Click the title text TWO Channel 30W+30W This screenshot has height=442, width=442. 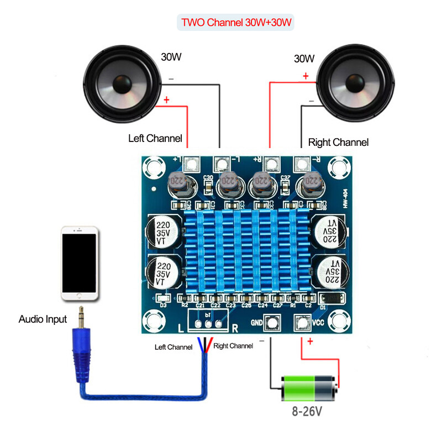click(x=236, y=24)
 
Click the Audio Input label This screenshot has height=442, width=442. click(x=43, y=319)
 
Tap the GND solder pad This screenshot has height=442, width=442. click(x=272, y=323)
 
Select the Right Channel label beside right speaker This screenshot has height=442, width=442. click(x=338, y=143)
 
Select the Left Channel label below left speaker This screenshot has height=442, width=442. click(x=155, y=138)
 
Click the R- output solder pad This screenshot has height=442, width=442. click(x=302, y=164)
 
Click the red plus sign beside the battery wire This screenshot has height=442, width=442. click(x=310, y=342)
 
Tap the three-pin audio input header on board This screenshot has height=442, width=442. click(x=208, y=324)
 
